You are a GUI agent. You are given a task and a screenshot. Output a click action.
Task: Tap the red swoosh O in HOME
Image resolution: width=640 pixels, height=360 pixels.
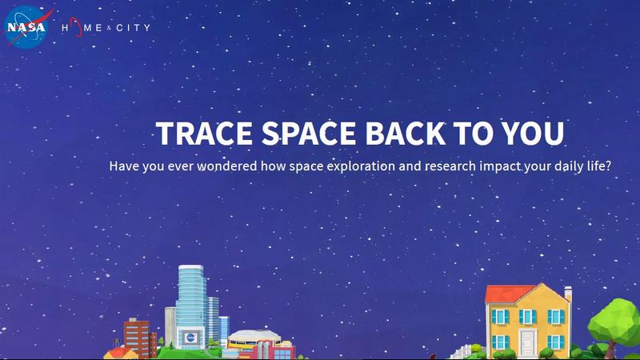point(75,29)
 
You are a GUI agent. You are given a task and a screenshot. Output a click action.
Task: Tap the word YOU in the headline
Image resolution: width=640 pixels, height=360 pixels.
point(531,134)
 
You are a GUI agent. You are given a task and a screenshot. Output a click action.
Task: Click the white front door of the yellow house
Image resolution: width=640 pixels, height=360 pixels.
point(528,342)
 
